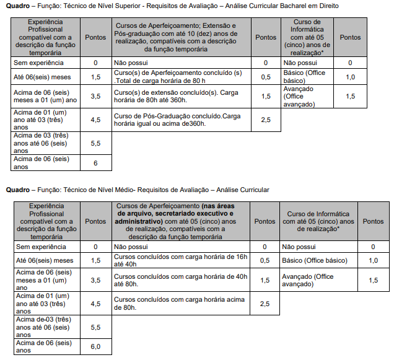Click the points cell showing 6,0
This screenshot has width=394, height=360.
coord(95,346)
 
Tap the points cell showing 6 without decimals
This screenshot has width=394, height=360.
coord(95,162)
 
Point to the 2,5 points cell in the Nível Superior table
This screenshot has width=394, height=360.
coord(266,120)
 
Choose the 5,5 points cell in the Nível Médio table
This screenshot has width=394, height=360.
coord(95,327)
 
